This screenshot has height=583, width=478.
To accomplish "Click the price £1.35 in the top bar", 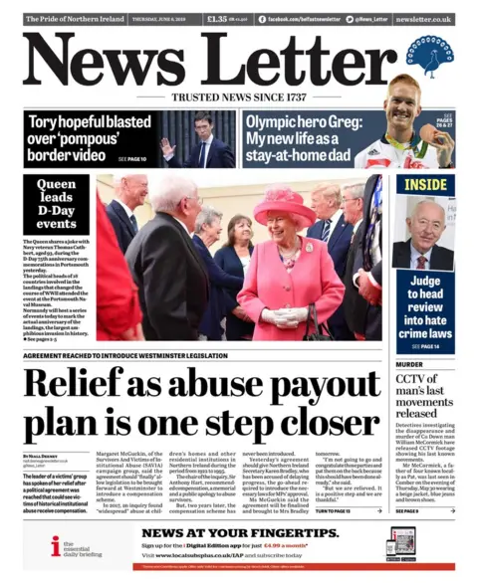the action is (218, 19).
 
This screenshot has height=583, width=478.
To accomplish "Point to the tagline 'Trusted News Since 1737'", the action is (238, 98).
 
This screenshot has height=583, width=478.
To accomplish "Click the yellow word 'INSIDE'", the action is (425, 185).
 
